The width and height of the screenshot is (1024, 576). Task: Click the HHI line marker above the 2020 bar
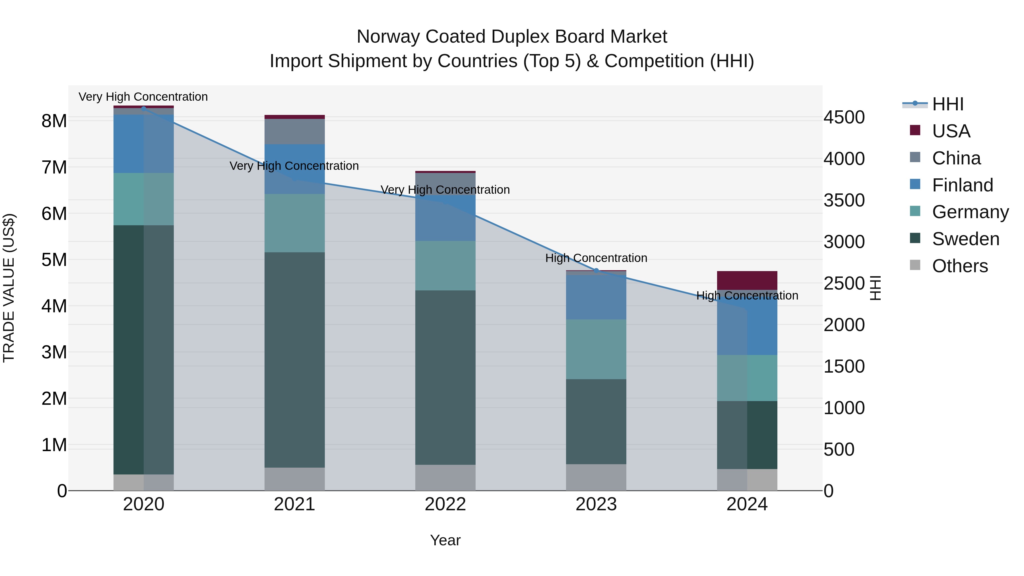click(144, 108)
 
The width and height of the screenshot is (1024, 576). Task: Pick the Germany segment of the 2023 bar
click(596, 349)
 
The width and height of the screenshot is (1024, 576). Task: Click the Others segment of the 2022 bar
click(445, 477)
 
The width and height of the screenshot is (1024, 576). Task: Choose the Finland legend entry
click(962, 185)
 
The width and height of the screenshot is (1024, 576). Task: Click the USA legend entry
click(951, 131)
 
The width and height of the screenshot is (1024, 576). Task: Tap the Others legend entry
click(960, 266)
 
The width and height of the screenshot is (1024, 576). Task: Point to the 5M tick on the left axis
click(54, 260)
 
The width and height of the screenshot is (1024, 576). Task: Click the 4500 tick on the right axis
click(844, 118)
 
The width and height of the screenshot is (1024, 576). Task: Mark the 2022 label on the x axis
click(445, 504)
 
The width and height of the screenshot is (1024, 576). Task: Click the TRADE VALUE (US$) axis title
click(9, 288)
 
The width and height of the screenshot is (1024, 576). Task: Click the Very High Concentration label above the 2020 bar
click(143, 97)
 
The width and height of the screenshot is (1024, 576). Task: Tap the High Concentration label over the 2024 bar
click(747, 296)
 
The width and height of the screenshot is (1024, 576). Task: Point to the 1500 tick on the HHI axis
click(844, 367)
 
